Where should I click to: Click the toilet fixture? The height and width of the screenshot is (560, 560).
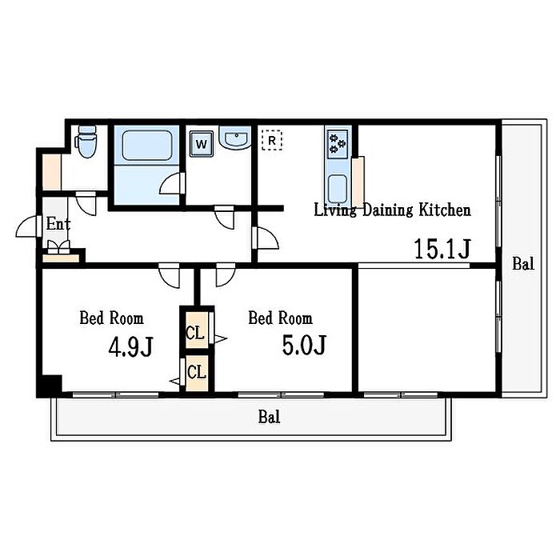tap(86, 142)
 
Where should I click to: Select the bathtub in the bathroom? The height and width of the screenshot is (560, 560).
tap(146, 146)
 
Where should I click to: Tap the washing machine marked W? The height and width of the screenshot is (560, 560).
tap(202, 144)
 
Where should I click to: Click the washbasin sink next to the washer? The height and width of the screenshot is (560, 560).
tap(235, 138)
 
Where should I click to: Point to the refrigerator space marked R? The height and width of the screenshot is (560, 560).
tap(272, 140)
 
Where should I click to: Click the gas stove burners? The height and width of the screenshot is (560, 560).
tap(337, 143)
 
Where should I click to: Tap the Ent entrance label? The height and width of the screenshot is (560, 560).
tap(58, 224)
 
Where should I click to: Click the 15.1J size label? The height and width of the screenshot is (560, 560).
tap(442, 249)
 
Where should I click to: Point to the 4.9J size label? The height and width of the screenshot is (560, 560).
tap(130, 346)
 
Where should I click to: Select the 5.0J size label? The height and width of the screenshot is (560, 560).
tap(304, 345)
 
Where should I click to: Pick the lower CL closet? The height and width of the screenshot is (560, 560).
tap(197, 373)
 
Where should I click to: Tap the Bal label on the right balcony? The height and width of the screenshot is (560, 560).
tap(523, 264)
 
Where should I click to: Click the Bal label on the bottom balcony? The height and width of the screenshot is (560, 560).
tap(270, 417)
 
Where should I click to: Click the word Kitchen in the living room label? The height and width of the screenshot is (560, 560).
tap(445, 210)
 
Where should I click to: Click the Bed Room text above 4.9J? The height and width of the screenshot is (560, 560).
tap(111, 318)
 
